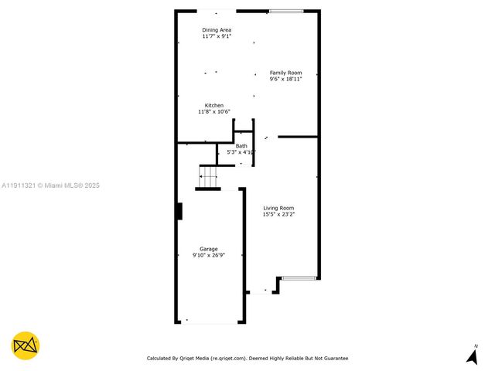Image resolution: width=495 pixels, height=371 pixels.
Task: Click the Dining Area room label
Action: [217, 30]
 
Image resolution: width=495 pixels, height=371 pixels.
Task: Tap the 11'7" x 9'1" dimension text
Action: [217, 36]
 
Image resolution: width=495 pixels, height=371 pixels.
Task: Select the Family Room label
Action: [285, 73]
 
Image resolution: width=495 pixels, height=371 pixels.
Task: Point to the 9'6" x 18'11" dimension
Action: [285, 79]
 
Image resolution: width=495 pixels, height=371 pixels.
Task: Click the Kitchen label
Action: [214, 105]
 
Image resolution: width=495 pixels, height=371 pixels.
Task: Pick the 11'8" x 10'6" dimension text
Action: [214, 111]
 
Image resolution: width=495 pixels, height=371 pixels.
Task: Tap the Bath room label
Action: [241, 146]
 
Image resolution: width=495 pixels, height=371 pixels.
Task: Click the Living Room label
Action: [278, 208]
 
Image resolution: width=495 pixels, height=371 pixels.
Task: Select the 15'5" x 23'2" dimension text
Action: [278, 214]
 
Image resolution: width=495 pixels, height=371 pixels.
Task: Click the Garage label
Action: [209, 249]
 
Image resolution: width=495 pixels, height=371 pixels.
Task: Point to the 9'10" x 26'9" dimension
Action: [209, 255]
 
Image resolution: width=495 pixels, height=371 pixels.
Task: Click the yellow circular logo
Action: [26, 345]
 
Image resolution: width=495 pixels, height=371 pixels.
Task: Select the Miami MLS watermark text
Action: [50, 185]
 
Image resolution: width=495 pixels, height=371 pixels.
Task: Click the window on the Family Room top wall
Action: [286, 11]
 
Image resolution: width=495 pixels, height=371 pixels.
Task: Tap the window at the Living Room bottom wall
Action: [298, 277]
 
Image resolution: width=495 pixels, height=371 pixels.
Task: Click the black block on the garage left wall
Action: [179, 211]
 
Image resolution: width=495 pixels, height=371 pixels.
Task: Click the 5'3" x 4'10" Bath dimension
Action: [241, 152]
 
